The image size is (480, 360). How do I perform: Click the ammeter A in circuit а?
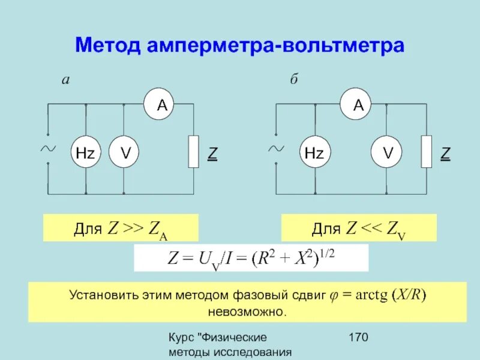point(162,106)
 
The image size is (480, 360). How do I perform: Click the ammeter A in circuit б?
point(358,106)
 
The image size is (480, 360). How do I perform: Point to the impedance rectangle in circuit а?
point(193,152)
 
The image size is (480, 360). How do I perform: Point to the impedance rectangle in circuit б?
point(426,152)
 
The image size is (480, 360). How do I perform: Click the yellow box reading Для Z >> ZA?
point(120,229)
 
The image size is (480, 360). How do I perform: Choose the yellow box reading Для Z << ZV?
point(359,228)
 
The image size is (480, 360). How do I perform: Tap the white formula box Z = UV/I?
point(250,258)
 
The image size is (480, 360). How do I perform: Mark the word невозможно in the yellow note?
point(248,313)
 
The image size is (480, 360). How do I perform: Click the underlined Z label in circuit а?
point(212,154)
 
